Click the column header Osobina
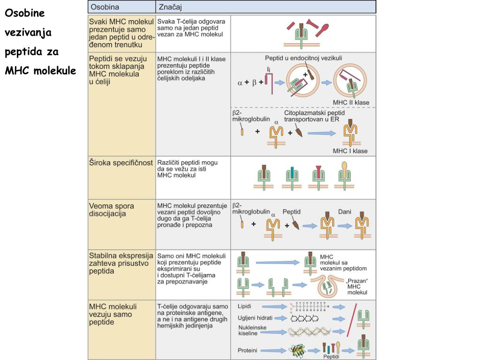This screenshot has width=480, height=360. (x=105, y=7)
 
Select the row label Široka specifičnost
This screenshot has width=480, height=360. (x=121, y=163)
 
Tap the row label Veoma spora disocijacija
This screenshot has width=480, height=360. (x=112, y=210)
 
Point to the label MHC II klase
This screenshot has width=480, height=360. (x=351, y=103)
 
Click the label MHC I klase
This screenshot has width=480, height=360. (x=350, y=151)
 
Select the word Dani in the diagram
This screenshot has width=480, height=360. (x=345, y=212)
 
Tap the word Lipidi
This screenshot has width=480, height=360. (x=245, y=306)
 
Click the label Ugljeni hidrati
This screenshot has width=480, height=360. (x=255, y=318)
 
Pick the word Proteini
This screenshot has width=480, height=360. (x=247, y=350)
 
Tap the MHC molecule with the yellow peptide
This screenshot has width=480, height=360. (x=345, y=176)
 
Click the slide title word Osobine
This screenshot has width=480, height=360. (x=24, y=13)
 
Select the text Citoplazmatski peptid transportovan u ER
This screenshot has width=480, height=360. (x=315, y=116)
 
